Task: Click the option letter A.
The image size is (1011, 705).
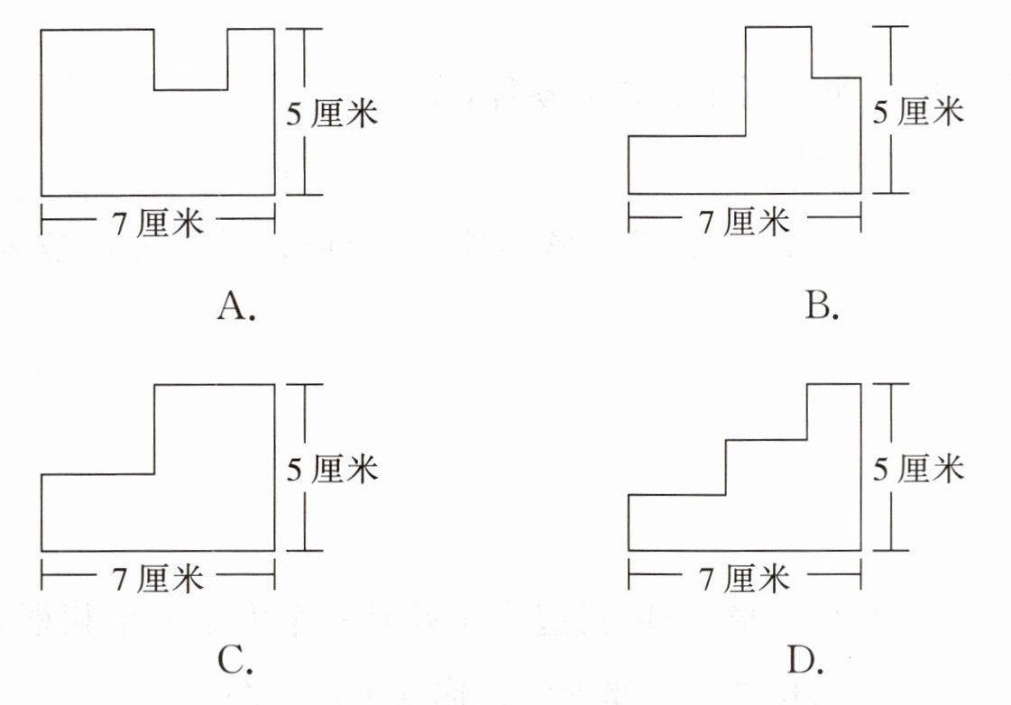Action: click(x=236, y=306)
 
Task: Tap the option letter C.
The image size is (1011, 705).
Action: click(x=235, y=659)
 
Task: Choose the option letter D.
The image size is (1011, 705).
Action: click(x=805, y=659)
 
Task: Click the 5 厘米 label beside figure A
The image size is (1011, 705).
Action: click(x=332, y=114)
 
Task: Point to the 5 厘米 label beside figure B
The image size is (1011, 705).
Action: click(x=918, y=112)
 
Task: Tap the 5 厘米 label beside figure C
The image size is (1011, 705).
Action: click(x=332, y=469)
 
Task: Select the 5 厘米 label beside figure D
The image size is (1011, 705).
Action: click(x=918, y=469)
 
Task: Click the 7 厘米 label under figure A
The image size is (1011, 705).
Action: click(x=158, y=223)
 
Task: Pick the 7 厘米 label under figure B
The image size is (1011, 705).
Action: click(x=744, y=221)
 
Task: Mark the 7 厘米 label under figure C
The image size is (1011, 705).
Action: click(x=158, y=578)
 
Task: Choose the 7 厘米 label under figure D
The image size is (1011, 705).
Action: click(x=744, y=578)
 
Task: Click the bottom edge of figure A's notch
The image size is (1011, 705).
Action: click(x=191, y=89)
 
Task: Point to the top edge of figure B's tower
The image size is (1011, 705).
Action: click(x=778, y=27)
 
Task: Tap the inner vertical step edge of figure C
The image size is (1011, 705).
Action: click(x=155, y=429)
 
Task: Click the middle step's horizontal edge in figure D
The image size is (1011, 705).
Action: click(x=766, y=440)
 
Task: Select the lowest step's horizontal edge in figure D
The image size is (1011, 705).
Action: click(x=677, y=495)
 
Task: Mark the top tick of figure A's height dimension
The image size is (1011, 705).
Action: click(x=304, y=29)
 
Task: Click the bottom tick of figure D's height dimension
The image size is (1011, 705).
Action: click(x=891, y=550)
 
